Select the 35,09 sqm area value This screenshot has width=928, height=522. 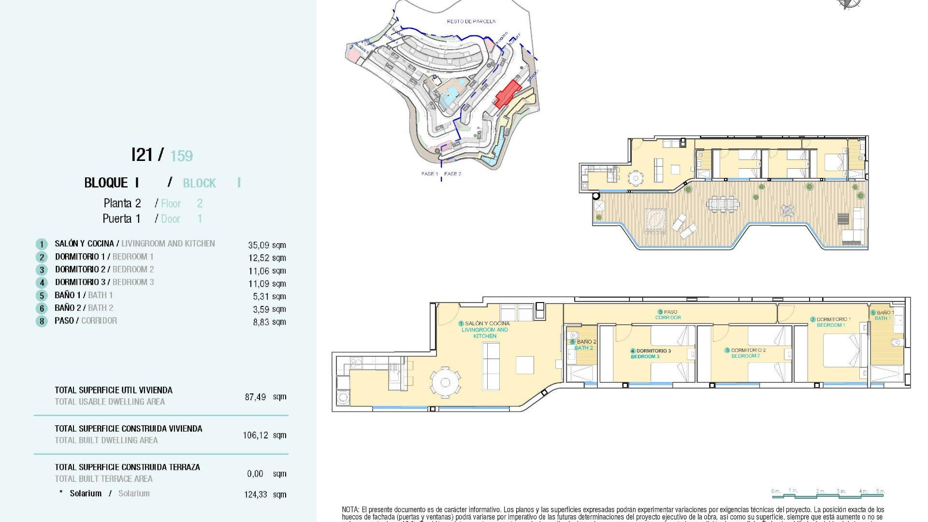pos(267,245)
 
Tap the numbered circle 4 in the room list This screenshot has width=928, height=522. pos(42,283)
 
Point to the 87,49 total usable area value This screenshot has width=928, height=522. pos(256,397)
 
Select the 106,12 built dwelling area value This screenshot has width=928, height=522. pos(256,435)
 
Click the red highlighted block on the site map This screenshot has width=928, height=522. pos(507,94)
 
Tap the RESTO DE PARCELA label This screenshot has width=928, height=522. pos(471,21)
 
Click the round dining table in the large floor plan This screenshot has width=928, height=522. pos(445,383)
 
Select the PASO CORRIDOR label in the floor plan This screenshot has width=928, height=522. pos(668,315)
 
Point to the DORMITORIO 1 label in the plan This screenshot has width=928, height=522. pos(831,322)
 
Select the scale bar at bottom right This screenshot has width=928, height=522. pos(828,493)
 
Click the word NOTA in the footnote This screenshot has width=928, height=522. pos(350,509)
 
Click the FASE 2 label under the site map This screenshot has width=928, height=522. pos(452,174)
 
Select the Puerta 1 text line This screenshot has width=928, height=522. pos(121,219)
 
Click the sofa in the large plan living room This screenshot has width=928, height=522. pos(491,366)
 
